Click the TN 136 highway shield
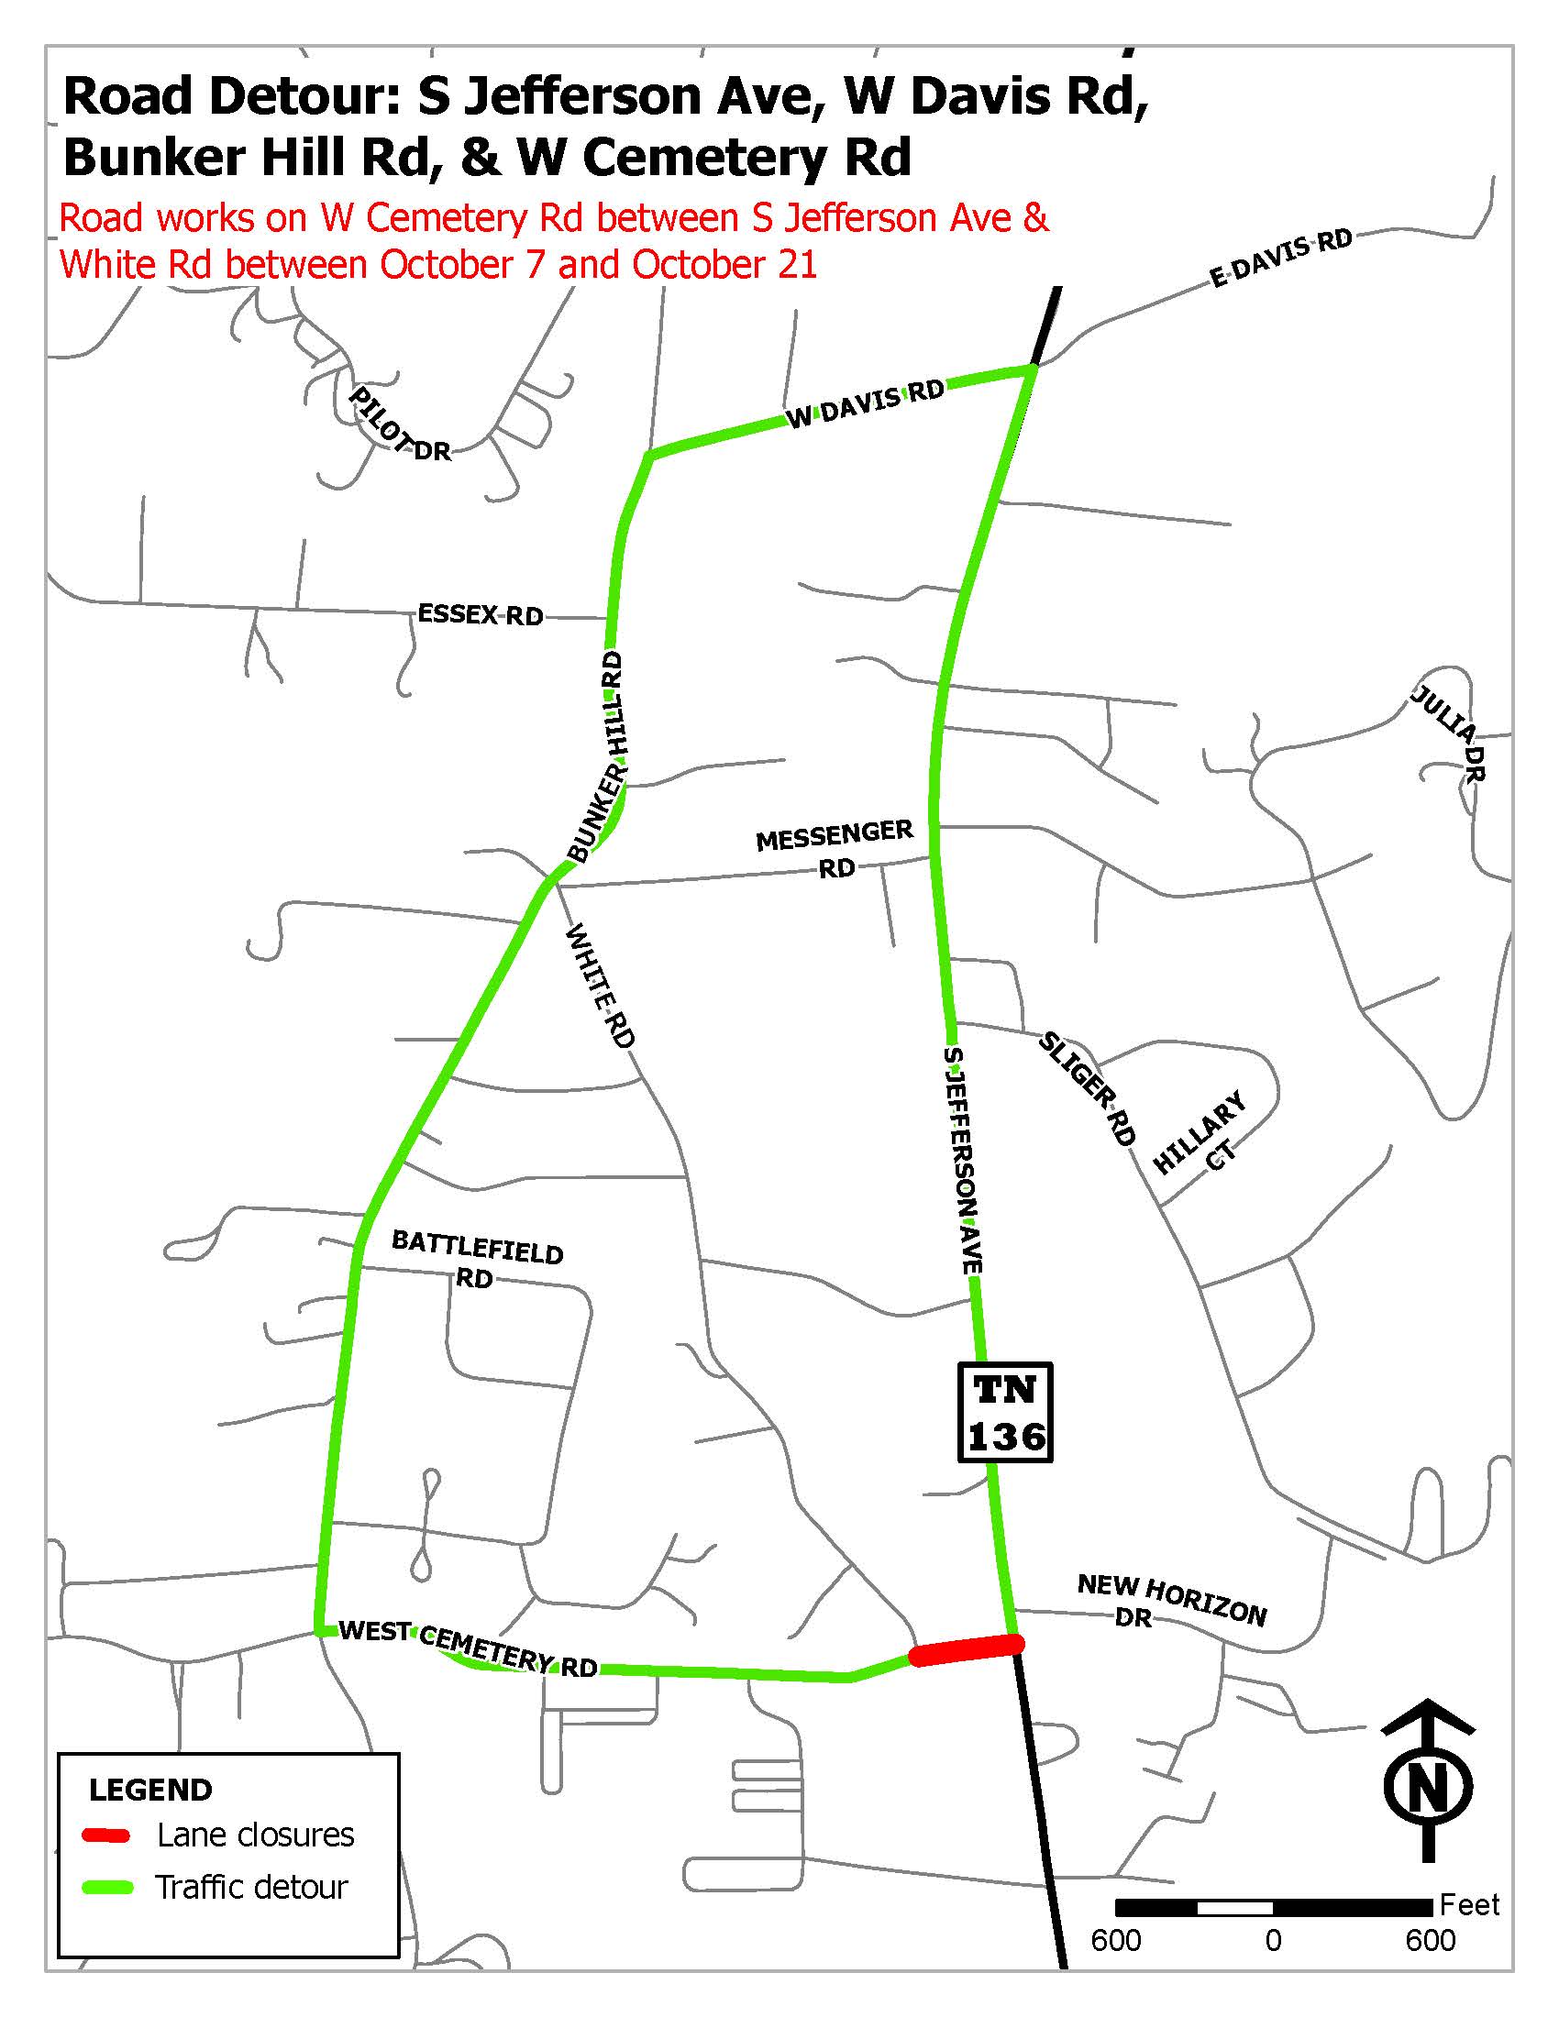coord(1005,1412)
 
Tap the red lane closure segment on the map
coord(966,1648)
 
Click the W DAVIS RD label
coord(867,403)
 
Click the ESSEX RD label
coord(481,614)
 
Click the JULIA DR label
coord(1448,734)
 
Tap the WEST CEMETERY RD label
coord(468,1647)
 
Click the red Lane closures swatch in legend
coord(106,1835)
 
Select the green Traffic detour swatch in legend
coord(106,1887)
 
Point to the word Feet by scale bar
coord(1469,1904)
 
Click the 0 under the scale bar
coord(1273,1940)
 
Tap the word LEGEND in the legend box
coord(150,1790)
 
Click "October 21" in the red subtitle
coord(724,265)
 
